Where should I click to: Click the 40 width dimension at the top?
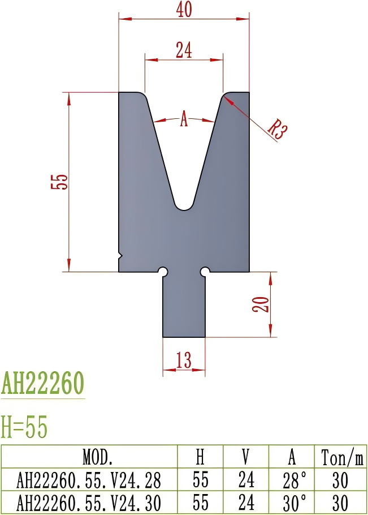tap(184, 10)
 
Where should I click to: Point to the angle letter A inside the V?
tap(184, 120)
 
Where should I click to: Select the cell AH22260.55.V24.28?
tap(89, 480)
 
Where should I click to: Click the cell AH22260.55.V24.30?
tap(89, 502)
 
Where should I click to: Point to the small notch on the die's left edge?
tap(120, 255)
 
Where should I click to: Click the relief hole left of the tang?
tap(163, 272)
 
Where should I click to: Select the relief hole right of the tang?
tap(205, 272)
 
